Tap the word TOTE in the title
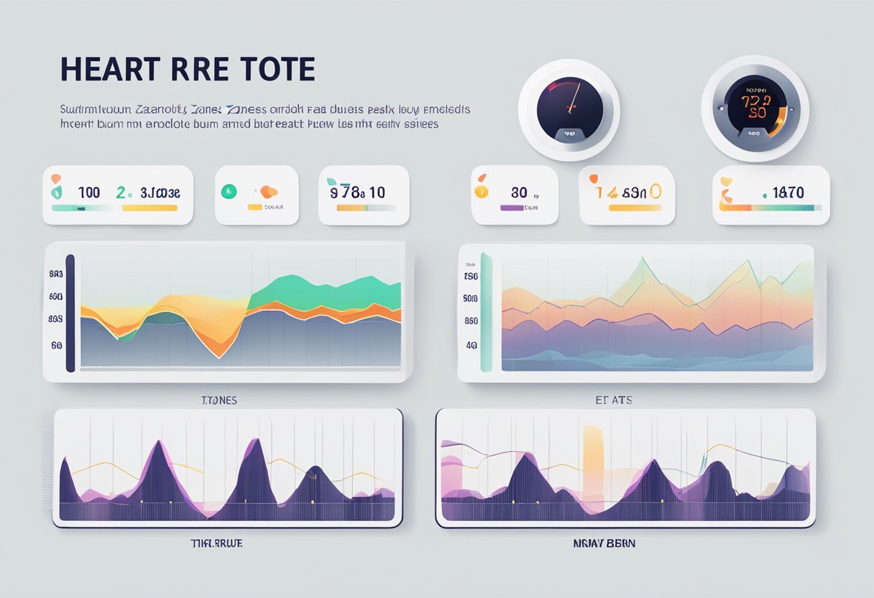coord(279,69)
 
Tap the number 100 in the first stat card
coord(88,193)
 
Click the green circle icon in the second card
coord(229,191)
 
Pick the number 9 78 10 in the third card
coord(357,193)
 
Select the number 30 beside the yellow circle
coord(519,193)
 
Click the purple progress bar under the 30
coord(512,208)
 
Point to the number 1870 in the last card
coord(788,193)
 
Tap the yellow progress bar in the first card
coord(149,208)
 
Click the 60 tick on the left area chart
coord(56,346)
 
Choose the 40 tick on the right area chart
coord(471,345)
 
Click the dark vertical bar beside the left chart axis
coord(70,313)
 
